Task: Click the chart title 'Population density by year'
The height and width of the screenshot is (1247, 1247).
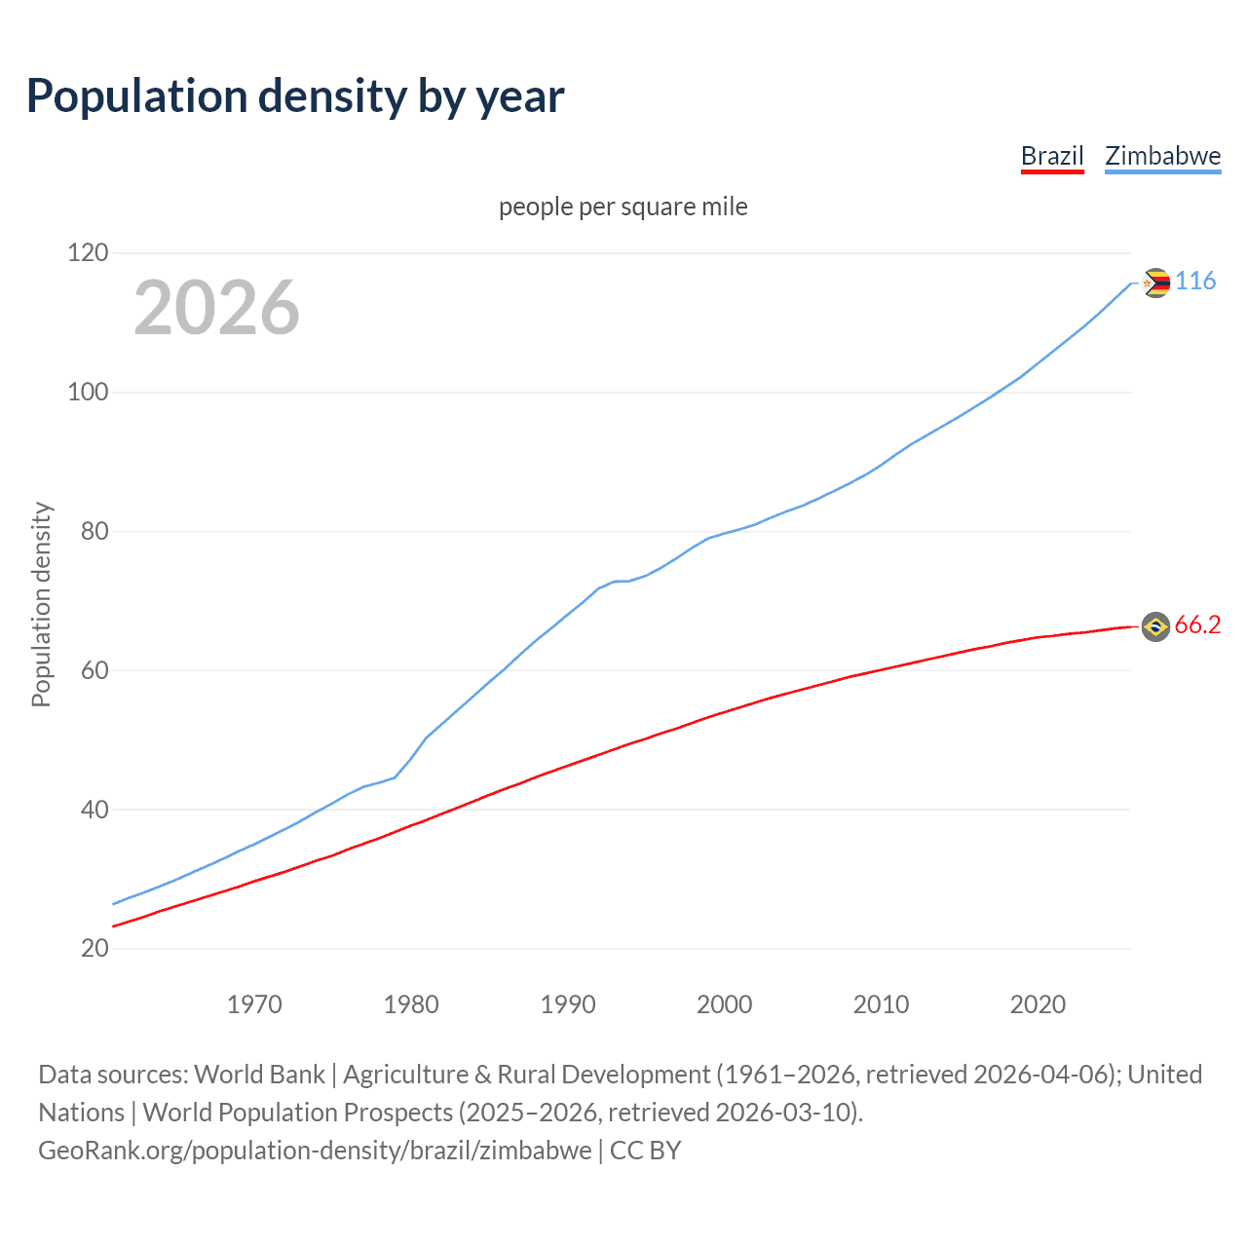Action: pos(295,96)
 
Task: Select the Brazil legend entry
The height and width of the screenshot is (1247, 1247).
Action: pos(1052,156)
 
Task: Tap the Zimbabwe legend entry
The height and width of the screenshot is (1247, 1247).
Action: pos(1162,156)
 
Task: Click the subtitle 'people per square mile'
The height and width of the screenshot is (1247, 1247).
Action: pos(623,207)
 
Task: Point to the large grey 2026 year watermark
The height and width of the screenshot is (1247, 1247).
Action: pos(216,308)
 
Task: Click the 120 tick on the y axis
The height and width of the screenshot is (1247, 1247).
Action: pos(88,253)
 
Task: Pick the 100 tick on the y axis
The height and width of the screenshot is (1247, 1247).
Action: pos(88,393)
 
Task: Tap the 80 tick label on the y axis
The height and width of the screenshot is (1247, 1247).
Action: pos(94,532)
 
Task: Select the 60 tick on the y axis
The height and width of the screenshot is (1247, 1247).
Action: pos(94,670)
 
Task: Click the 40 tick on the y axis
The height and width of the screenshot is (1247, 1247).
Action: pos(94,810)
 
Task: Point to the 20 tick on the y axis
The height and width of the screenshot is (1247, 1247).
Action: pos(94,948)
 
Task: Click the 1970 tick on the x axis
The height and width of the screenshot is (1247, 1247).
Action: pos(254,1004)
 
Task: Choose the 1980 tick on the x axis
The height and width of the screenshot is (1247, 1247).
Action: pos(411,1004)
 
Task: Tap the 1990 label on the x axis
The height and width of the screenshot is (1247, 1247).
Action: pos(568,1004)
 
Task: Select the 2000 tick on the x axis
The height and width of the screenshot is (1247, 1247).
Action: pos(725,1004)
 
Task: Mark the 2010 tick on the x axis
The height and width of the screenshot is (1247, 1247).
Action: pos(882,1004)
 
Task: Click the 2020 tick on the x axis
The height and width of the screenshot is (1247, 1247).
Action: pos(1039,1004)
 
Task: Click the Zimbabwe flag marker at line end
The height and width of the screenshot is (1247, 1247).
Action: pos(1155,283)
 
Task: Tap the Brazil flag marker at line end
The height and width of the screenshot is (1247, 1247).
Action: pos(1155,626)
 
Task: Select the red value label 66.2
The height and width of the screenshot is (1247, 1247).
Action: pos(1197,625)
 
